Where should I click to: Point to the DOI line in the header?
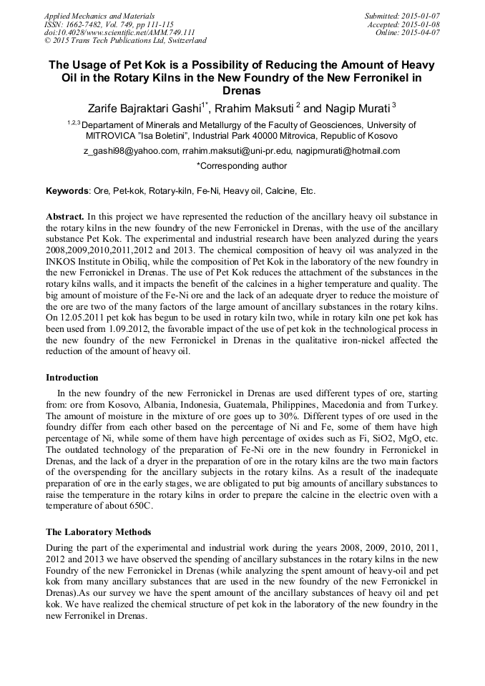[119, 33]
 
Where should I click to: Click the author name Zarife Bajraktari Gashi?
[142, 108]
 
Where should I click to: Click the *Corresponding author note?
[242, 166]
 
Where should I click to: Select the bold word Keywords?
[67, 191]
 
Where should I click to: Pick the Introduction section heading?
[72, 377]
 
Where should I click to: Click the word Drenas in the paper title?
[242, 91]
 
